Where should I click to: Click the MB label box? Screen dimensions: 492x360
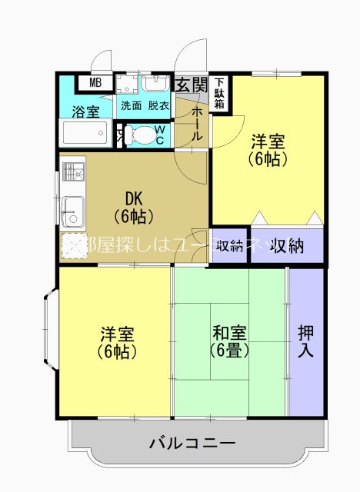pyautogui.click(x=96, y=83)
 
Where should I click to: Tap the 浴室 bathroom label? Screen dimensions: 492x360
pyautogui.click(x=85, y=112)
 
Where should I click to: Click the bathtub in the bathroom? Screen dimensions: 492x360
pyautogui.click(x=85, y=134)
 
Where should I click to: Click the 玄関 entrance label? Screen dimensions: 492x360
pyautogui.click(x=190, y=84)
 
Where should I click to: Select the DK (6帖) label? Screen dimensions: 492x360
pyautogui.click(x=134, y=205)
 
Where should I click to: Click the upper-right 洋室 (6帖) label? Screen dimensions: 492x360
pyautogui.click(x=268, y=151)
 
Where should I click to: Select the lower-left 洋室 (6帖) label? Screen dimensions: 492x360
pyautogui.click(x=118, y=343)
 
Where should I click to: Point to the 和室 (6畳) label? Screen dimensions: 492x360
pyautogui.click(x=229, y=341)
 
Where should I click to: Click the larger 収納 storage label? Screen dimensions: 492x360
pyautogui.click(x=285, y=246)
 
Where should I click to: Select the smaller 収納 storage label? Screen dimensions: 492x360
pyautogui.click(x=230, y=246)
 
